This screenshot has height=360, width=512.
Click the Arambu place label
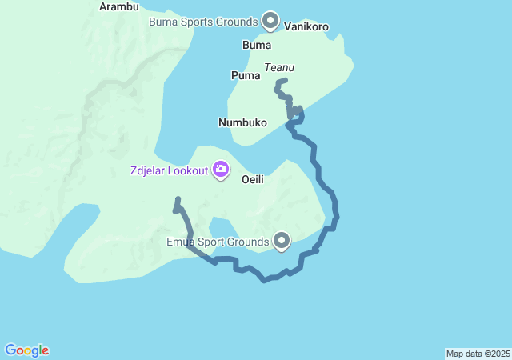click(118, 6)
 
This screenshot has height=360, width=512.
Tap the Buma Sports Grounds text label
click(203, 21)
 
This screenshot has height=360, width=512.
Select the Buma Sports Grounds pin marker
click(270, 20)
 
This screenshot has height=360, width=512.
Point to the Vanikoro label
click(306, 26)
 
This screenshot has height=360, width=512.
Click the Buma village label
click(258, 46)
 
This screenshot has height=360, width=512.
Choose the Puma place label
click(245, 75)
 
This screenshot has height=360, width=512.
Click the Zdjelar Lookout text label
click(170, 170)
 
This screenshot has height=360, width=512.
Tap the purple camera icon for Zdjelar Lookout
click(221, 170)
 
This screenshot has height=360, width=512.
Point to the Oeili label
click(253, 179)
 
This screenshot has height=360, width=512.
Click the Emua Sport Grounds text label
click(217, 242)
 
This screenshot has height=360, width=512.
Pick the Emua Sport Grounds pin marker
click(282, 240)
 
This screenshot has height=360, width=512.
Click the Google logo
click(26, 350)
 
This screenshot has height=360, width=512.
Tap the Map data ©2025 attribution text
click(478, 354)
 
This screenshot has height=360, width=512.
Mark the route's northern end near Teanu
click(286, 80)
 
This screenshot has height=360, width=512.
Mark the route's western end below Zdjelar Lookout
click(178, 199)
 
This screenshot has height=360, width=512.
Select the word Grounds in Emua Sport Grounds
click(248, 242)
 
